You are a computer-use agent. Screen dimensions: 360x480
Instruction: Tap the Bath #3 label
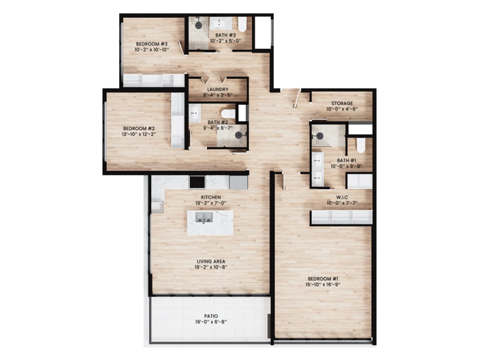pos(225,35)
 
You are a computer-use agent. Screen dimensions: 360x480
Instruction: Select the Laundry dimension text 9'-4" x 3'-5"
pos(218,95)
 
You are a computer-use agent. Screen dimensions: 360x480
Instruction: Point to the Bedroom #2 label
pos(139,127)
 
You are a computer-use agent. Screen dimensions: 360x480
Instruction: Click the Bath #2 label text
pos(218,122)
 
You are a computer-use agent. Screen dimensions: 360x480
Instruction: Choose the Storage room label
pos(342,103)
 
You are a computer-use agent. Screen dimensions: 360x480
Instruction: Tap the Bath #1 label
pos(344,160)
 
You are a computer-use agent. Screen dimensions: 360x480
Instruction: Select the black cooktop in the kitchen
pos(197,182)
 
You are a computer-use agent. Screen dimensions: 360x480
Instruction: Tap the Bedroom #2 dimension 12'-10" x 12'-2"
pos(139,133)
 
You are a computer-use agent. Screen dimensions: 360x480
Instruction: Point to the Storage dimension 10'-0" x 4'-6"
pos(342,110)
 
